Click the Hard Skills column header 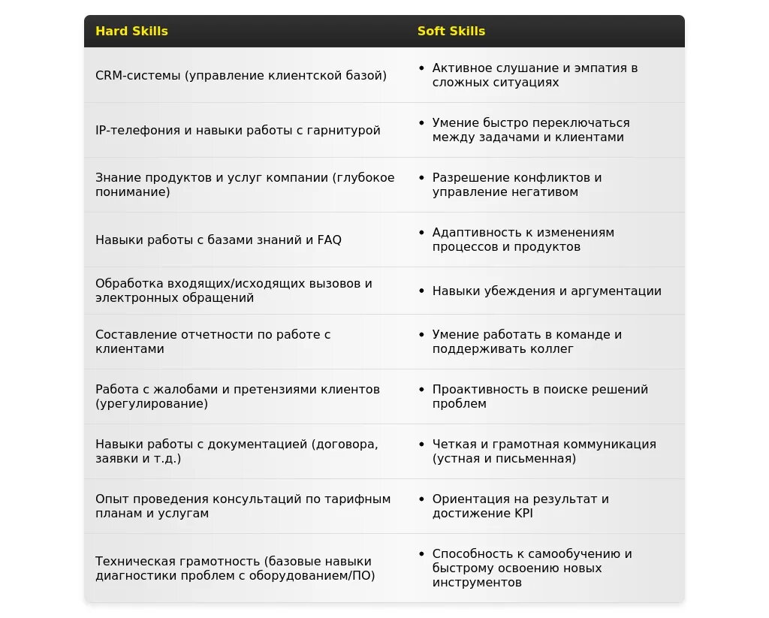[x=131, y=32]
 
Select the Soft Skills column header [x=451, y=32]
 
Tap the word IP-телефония [x=133, y=130]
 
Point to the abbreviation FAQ [x=329, y=240]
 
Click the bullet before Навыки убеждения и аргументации [x=422, y=291]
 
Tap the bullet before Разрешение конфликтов [x=422, y=178]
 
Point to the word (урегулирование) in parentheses [x=152, y=404]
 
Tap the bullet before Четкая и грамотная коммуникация [x=422, y=444]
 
